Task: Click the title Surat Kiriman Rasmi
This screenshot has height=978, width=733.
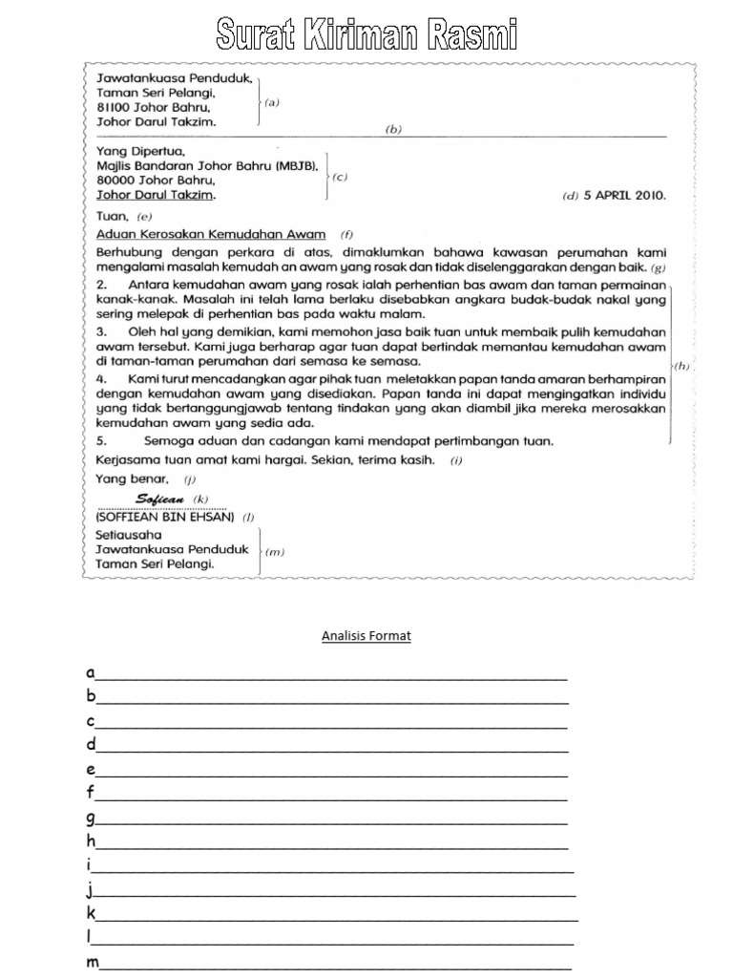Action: point(366,35)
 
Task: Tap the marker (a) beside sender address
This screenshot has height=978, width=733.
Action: point(272,103)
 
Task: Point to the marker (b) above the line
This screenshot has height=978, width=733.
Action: point(393,130)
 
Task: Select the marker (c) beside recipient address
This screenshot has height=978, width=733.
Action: point(340,177)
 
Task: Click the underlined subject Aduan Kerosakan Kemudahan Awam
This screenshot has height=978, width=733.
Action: point(211,234)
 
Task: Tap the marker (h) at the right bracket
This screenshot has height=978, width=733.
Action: point(681,366)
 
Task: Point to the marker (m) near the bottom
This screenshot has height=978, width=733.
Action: point(273,551)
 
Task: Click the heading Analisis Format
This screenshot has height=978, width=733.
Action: point(366,636)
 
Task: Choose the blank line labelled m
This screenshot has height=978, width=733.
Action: point(334,966)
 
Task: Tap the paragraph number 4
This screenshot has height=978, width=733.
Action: point(101,379)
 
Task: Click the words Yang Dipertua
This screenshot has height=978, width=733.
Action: point(140,151)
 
